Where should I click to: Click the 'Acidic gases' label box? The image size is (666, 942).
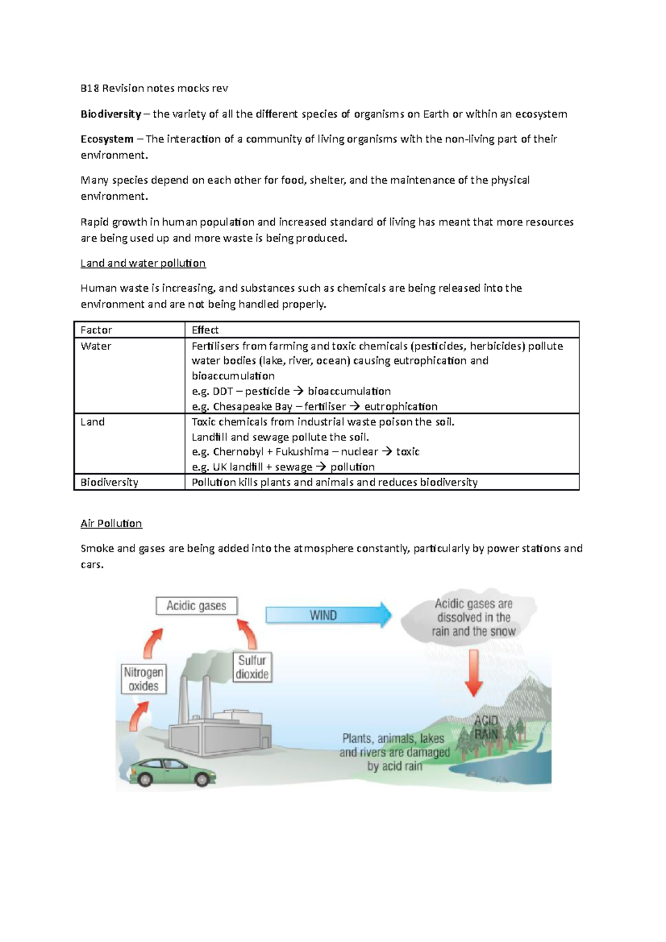(x=196, y=605)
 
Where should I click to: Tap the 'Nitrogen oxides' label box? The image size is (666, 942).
(x=144, y=679)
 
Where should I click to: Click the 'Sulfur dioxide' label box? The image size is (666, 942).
(x=252, y=667)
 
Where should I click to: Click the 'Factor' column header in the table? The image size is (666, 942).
(x=97, y=330)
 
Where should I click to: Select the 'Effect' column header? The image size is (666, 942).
(x=205, y=330)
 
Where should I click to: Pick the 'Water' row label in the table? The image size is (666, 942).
(x=96, y=346)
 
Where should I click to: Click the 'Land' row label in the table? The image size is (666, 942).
(x=93, y=422)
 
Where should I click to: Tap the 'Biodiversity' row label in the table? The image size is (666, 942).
(x=109, y=482)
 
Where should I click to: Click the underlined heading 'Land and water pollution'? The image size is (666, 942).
(x=143, y=263)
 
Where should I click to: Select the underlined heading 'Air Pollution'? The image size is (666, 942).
(x=111, y=523)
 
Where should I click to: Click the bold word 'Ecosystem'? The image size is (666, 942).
(x=107, y=139)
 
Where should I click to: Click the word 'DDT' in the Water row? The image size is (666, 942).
(x=223, y=391)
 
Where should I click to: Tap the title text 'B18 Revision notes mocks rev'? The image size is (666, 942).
(x=154, y=88)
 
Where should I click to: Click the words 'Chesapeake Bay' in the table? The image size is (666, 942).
(x=253, y=407)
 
